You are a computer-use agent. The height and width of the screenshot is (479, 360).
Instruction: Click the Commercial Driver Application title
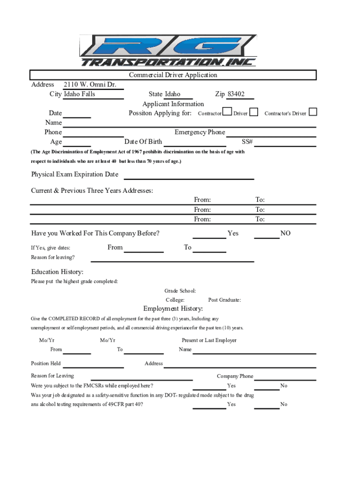click(x=173, y=75)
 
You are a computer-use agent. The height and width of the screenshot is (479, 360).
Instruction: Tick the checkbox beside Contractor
click(x=227, y=112)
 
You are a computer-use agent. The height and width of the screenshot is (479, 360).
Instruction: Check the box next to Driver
click(x=254, y=112)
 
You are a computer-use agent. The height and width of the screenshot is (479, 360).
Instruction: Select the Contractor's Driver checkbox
click(x=313, y=112)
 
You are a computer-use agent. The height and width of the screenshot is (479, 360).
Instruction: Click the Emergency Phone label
click(x=200, y=132)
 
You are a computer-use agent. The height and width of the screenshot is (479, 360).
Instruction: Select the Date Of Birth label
click(x=143, y=142)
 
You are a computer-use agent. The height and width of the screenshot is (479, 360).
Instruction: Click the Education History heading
click(x=58, y=272)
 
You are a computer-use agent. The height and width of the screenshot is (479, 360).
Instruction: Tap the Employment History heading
click(x=173, y=309)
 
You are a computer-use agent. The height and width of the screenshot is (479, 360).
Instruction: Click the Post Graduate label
click(x=225, y=300)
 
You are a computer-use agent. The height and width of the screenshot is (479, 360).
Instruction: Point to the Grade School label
click(x=180, y=291)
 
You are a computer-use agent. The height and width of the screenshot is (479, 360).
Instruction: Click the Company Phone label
click(x=235, y=376)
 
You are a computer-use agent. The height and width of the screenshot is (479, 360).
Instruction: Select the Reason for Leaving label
click(x=52, y=376)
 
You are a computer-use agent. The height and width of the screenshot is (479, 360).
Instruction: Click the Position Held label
click(x=46, y=363)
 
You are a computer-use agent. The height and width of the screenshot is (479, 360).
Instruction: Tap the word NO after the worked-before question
click(x=285, y=233)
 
